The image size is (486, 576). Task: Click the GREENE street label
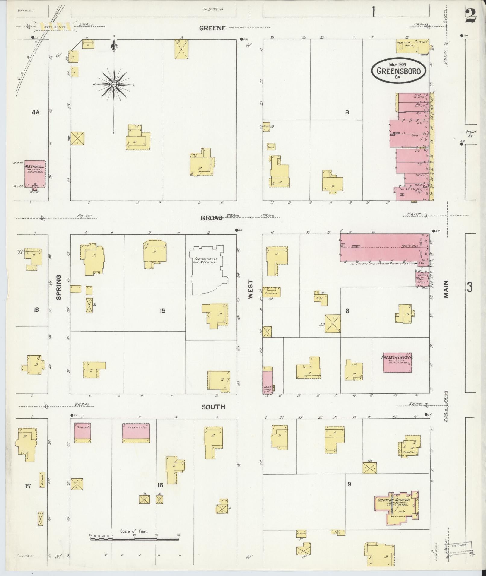[x=212, y=28]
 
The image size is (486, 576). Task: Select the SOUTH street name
[x=213, y=407]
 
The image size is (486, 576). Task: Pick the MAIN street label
[x=446, y=289]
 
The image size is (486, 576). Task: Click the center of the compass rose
[x=114, y=85]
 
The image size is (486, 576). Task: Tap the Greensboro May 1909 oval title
[x=398, y=71]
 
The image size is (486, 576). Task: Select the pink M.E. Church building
[x=35, y=174]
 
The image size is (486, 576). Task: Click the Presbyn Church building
[x=397, y=363]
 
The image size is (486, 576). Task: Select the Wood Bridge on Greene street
[x=54, y=26]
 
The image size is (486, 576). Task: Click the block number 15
[x=162, y=311]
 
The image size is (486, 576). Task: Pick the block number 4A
[x=36, y=112]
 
